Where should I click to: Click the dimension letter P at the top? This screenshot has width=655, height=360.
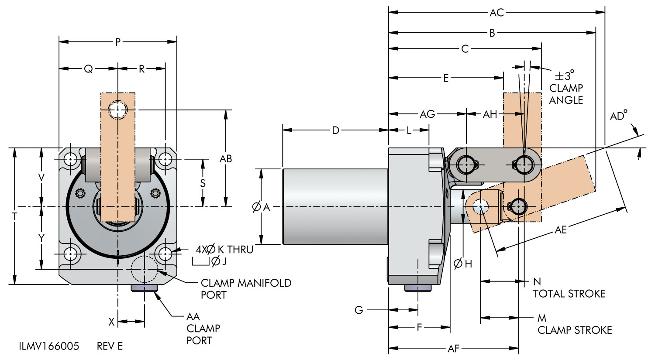(117, 42)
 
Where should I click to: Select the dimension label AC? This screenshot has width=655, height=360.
(496, 13)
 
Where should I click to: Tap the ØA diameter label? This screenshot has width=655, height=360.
(261, 208)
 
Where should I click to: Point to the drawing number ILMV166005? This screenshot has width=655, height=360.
(49, 346)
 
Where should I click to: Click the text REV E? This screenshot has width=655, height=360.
(110, 346)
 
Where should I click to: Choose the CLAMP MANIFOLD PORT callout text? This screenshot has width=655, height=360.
(246, 289)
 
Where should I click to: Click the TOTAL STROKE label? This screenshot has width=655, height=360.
(569, 294)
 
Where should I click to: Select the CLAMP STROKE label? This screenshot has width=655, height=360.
(575, 330)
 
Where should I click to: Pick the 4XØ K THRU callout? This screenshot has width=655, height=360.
(224, 250)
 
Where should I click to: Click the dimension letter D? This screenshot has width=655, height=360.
(335, 130)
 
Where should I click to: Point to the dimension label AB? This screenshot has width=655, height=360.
(226, 158)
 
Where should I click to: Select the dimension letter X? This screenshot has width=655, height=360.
(111, 322)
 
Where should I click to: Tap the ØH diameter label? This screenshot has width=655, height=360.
(463, 264)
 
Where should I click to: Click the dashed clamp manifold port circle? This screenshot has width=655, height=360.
(144, 269)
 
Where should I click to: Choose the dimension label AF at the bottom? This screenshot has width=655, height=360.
(454, 349)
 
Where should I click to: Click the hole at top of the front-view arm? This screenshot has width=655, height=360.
(118, 110)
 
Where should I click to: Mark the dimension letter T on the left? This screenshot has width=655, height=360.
(14, 216)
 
